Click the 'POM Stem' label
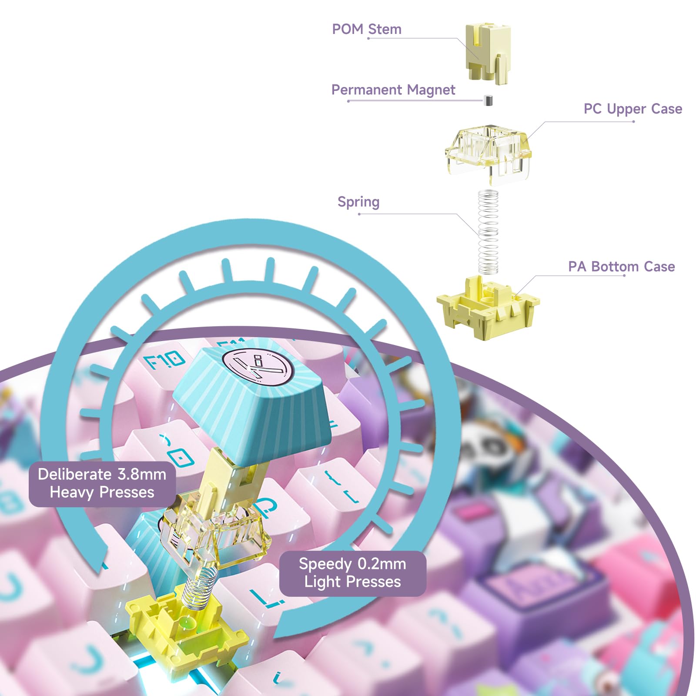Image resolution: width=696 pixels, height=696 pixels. click(x=367, y=29)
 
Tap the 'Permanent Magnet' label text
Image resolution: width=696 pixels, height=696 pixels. click(x=393, y=90)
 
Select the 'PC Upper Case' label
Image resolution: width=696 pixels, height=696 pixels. click(x=632, y=109)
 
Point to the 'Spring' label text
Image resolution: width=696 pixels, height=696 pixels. click(x=358, y=202)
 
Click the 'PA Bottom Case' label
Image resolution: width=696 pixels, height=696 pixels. click(x=621, y=266)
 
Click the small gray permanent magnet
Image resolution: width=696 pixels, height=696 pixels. click(x=488, y=100)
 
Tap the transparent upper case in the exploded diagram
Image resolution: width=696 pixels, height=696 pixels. click(x=488, y=152)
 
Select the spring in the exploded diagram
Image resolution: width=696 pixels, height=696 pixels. click(x=488, y=233)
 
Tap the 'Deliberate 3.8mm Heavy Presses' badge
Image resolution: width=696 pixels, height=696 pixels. click(x=102, y=483)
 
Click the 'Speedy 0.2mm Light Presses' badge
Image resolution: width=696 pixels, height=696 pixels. click(x=352, y=573)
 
